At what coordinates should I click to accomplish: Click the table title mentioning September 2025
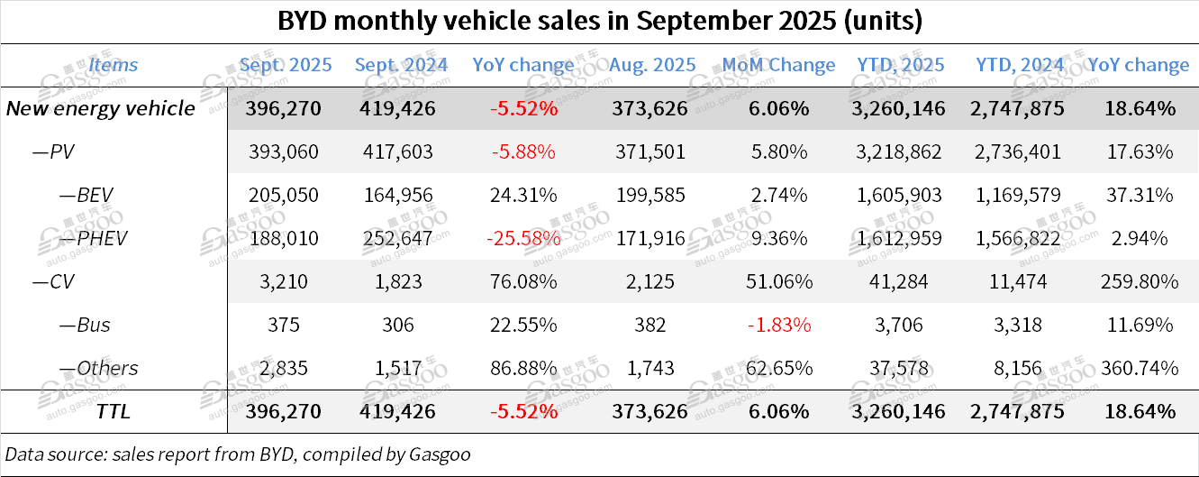pyautogui.click(x=599, y=21)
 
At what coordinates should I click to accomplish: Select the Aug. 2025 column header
pyautogui.click(x=652, y=65)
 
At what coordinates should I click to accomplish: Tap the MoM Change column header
pyautogui.click(x=778, y=65)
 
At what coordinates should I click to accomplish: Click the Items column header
pyautogui.click(x=114, y=65)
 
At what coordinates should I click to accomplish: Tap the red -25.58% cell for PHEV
pyautogui.click(x=523, y=238)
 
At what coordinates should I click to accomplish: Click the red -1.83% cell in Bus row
pyautogui.click(x=779, y=325)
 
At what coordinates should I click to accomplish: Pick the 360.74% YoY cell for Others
pyautogui.click(x=1139, y=368)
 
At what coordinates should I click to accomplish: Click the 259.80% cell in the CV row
pyautogui.click(x=1139, y=281)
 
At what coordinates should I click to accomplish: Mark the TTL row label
pyautogui.click(x=114, y=411)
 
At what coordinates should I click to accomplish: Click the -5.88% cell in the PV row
pyautogui.click(x=523, y=151)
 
